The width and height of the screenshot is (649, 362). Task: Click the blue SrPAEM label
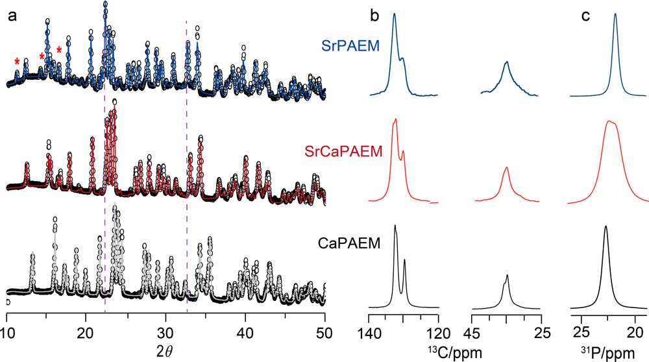click(x=350, y=45)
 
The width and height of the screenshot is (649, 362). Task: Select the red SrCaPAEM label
click(x=343, y=151)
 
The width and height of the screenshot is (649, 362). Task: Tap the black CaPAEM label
click(x=349, y=243)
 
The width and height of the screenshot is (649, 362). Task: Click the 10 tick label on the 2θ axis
click(x=7, y=333)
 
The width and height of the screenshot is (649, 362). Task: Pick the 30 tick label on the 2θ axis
click(x=165, y=333)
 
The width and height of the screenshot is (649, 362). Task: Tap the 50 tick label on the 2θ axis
click(x=324, y=333)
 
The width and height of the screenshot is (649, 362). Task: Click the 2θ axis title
click(x=164, y=351)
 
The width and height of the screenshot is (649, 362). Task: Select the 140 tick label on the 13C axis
click(x=370, y=333)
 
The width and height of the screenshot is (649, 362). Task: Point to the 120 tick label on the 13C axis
click(x=439, y=333)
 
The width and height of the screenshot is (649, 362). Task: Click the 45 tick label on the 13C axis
click(x=473, y=333)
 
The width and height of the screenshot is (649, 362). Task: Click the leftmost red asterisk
click(x=17, y=62)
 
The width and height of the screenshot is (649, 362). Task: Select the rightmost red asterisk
click(x=59, y=50)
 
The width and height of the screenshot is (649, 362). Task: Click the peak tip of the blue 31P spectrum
click(x=615, y=14)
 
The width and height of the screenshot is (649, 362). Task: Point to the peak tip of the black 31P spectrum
click(x=606, y=226)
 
